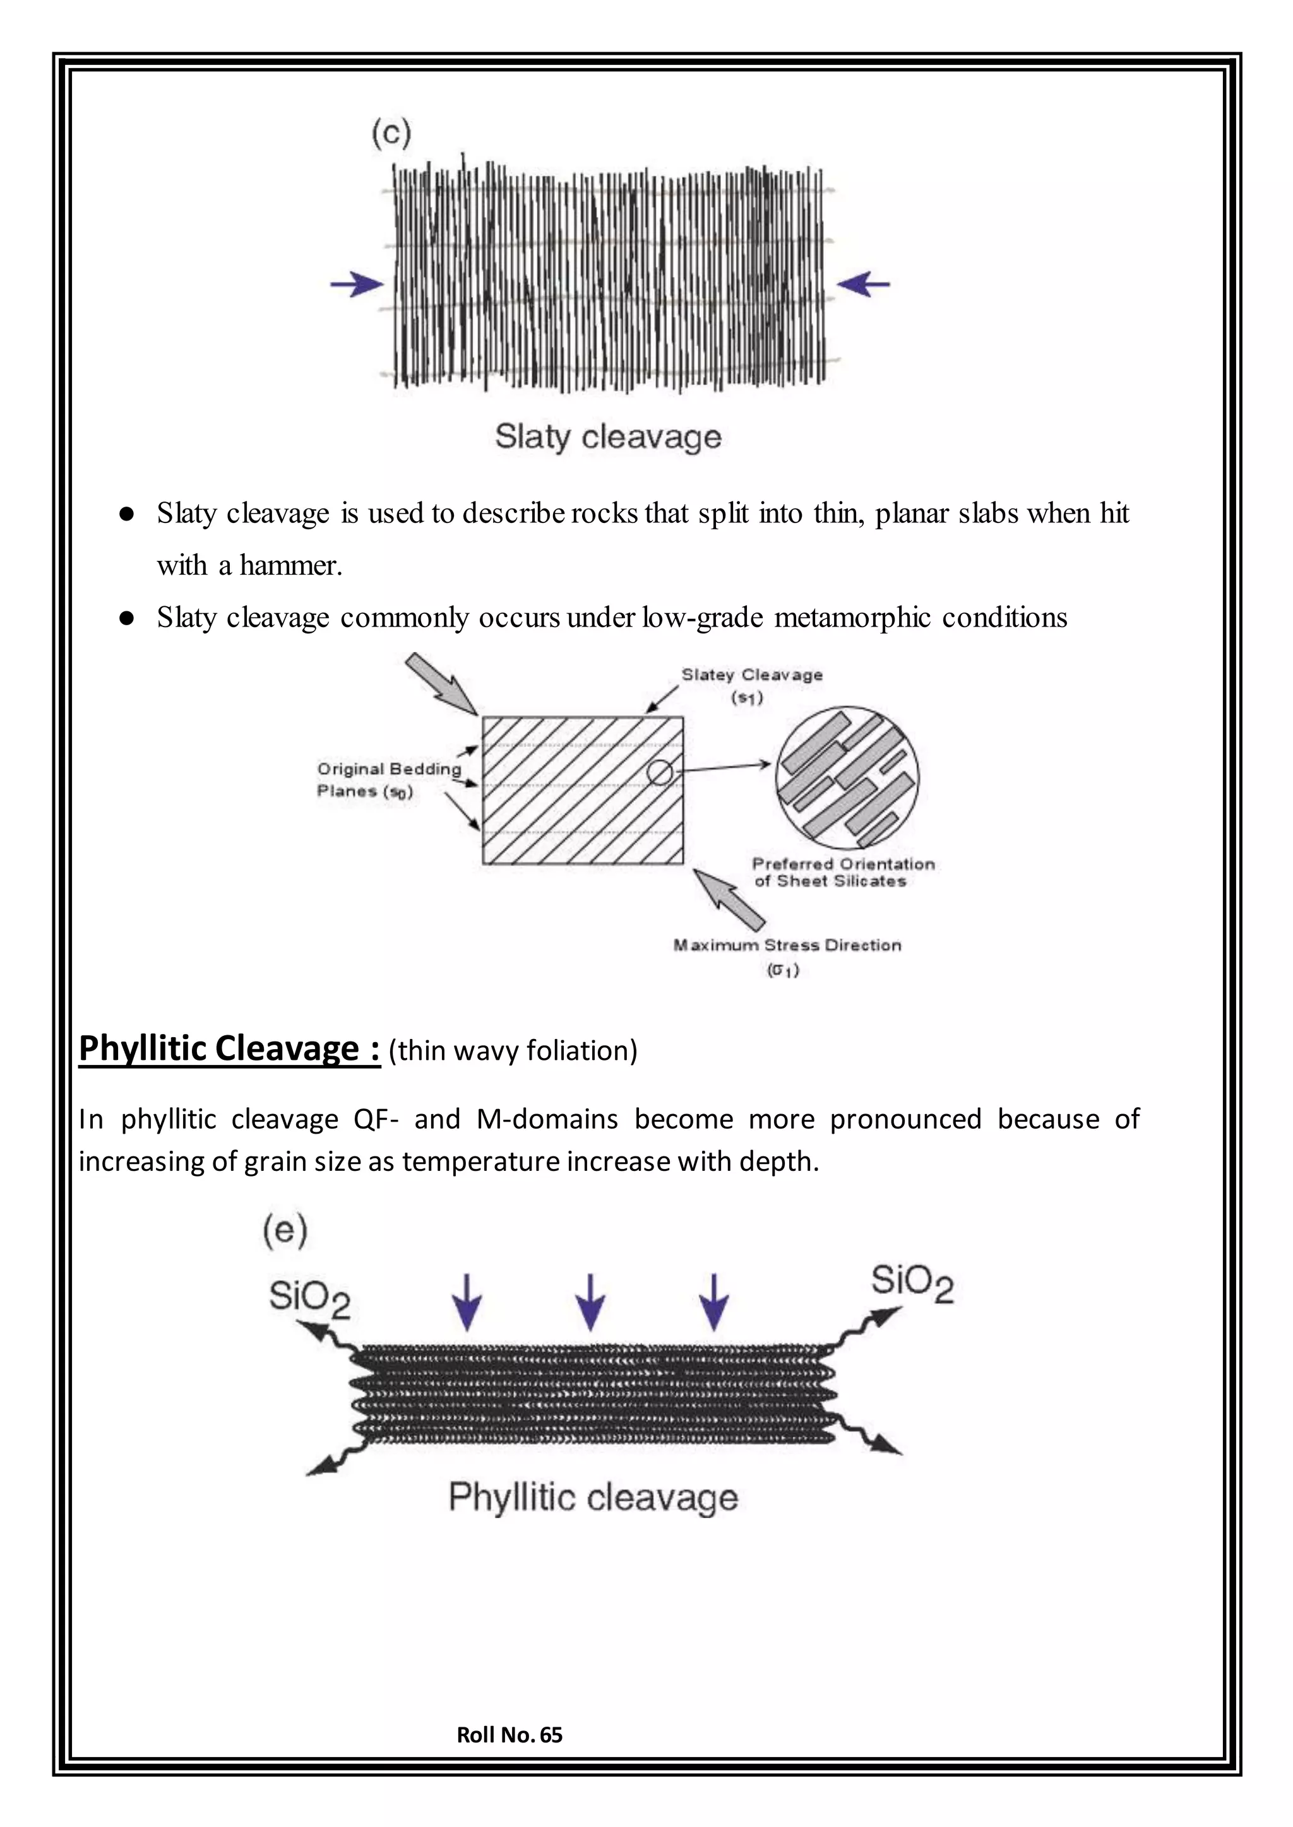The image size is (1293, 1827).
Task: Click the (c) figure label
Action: pyautogui.click(x=391, y=133)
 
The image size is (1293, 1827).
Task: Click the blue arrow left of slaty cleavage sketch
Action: pyautogui.click(x=357, y=284)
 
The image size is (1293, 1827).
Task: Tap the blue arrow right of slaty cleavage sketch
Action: pyautogui.click(x=863, y=283)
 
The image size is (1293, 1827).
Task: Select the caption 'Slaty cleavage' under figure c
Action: pyautogui.click(x=607, y=437)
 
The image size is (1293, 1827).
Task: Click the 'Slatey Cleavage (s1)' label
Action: pyautogui.click(x=751, y=684)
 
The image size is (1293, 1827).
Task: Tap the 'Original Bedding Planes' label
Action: pyautogui.click(x=388, y=780)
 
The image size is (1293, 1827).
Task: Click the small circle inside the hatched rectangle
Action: pyautogui.click(x=659, y=772)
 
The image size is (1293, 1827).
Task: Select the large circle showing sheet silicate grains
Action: pyautogui.click(x=847, y=777)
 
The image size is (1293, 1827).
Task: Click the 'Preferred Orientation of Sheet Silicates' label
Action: pyautogui.click(x=842, y=872)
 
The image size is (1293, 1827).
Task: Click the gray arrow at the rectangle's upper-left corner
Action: pyautogui.click(x=439, y=683)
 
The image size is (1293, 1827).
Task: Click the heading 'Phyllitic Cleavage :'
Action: pyautogui.click(x=229, y=1049)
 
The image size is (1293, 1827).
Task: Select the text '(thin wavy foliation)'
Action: pyautogui.click(x=513, y=1051)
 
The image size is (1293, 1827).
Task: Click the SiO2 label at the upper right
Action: pyautogui.click(x=912, y=1284)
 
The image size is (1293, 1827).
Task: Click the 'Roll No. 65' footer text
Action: pyautogui.click(x=509, y=1735)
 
